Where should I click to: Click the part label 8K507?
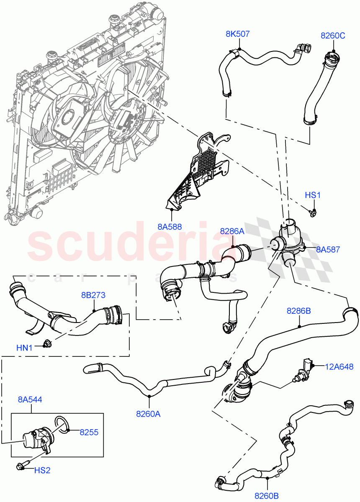pos(238,34)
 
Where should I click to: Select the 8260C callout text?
pos(333,36)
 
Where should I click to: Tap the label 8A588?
pos(170,227)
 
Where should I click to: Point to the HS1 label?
pos(312,195)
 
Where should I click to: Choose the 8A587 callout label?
pos(328,250)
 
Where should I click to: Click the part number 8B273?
pos(93,296)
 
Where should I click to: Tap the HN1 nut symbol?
pos(47,344)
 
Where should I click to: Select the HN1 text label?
pos(25,347)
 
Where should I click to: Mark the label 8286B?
pos(298,311)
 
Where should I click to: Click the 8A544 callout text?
pos(30,400)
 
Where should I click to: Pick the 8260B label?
pos(267,495)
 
